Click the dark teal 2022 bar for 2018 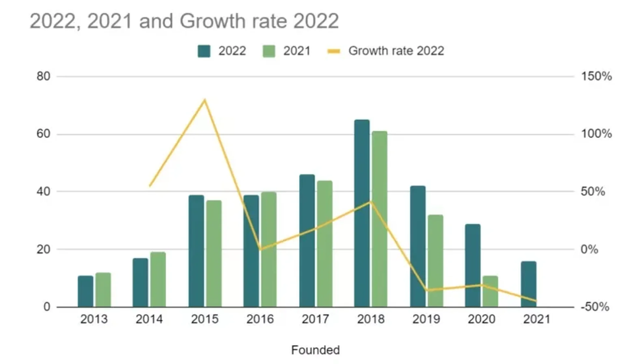(362, 213)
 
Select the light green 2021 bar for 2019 (435, 260)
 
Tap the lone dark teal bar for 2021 (528, 284)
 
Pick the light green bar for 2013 (103, 290)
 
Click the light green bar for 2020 (490, 291)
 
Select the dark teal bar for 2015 (196, 251)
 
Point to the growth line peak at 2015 (204, 100)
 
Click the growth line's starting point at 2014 (149, 186)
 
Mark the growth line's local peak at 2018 (370, 202)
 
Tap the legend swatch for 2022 (204, 51)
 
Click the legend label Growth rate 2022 (396, 51)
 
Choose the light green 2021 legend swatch (269, 51)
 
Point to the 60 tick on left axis (43, 134)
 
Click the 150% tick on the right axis (596, 77)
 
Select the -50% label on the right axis (595, 307)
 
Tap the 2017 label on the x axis (315, 319)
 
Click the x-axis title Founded (315, 350)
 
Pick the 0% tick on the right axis (589, 249)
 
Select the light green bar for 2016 (269, 249)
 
